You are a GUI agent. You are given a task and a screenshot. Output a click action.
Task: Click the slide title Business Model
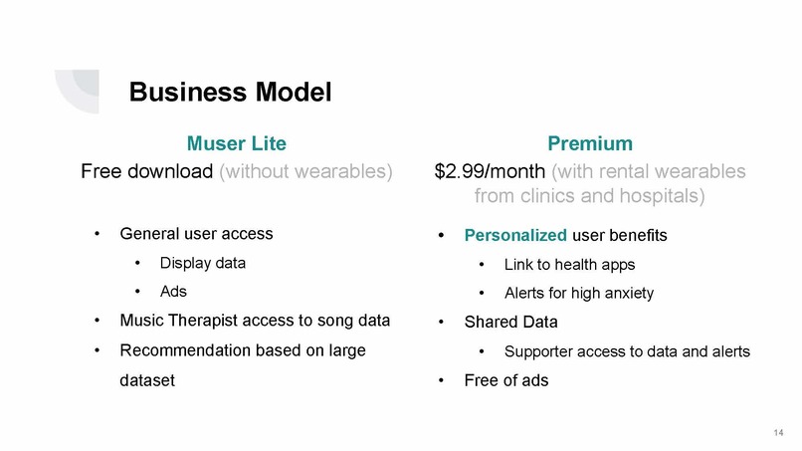tap(230, 93)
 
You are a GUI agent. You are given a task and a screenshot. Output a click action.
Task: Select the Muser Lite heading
tap(237, 142)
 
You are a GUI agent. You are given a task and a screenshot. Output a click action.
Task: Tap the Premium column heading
tap(590, 142)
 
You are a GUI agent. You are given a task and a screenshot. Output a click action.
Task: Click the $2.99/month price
tap(489, 171)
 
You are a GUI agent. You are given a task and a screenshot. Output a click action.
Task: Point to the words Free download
tap(145, 171)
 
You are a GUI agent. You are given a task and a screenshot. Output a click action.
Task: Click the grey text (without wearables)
tap(305, 171)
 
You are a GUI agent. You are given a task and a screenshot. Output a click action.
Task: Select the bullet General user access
tap(195, 235)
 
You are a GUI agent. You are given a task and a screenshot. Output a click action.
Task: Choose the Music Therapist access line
tap(254, 321)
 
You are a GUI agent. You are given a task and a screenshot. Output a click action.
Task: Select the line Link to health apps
tap(569, 265)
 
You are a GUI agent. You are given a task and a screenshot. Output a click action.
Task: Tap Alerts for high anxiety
tap(579, 294)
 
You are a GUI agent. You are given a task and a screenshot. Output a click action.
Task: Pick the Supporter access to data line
tap(627, 351)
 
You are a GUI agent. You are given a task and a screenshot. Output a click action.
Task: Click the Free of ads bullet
tap(506, 380)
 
